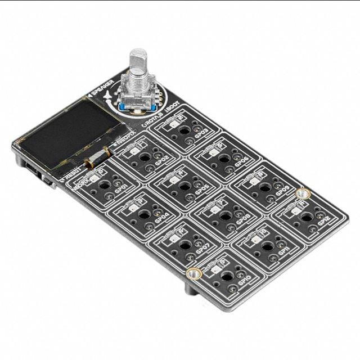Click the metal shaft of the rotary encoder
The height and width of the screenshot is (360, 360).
tap(138, 67)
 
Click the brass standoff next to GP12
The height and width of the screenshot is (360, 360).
tap(303, 193)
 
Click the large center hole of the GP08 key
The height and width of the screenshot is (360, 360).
tap(225, 215)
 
